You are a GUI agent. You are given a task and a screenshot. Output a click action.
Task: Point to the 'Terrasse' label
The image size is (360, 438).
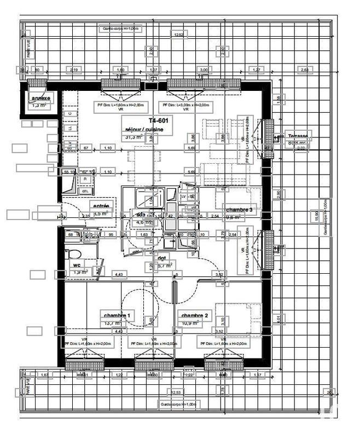tap(298, 136)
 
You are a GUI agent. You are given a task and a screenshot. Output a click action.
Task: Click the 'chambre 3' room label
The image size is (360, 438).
tap(240, 210)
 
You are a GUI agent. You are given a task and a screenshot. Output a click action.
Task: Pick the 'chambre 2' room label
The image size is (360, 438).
tap(195, 316)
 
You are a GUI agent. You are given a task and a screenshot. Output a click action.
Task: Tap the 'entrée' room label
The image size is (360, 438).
tap(101, 206)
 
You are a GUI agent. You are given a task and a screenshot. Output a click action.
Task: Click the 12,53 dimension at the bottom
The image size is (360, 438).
tap(176, 393)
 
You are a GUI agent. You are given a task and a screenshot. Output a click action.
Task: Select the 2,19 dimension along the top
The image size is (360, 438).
tap(76, 70)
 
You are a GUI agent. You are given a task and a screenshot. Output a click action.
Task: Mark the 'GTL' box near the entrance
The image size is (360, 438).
tap(85, 191)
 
